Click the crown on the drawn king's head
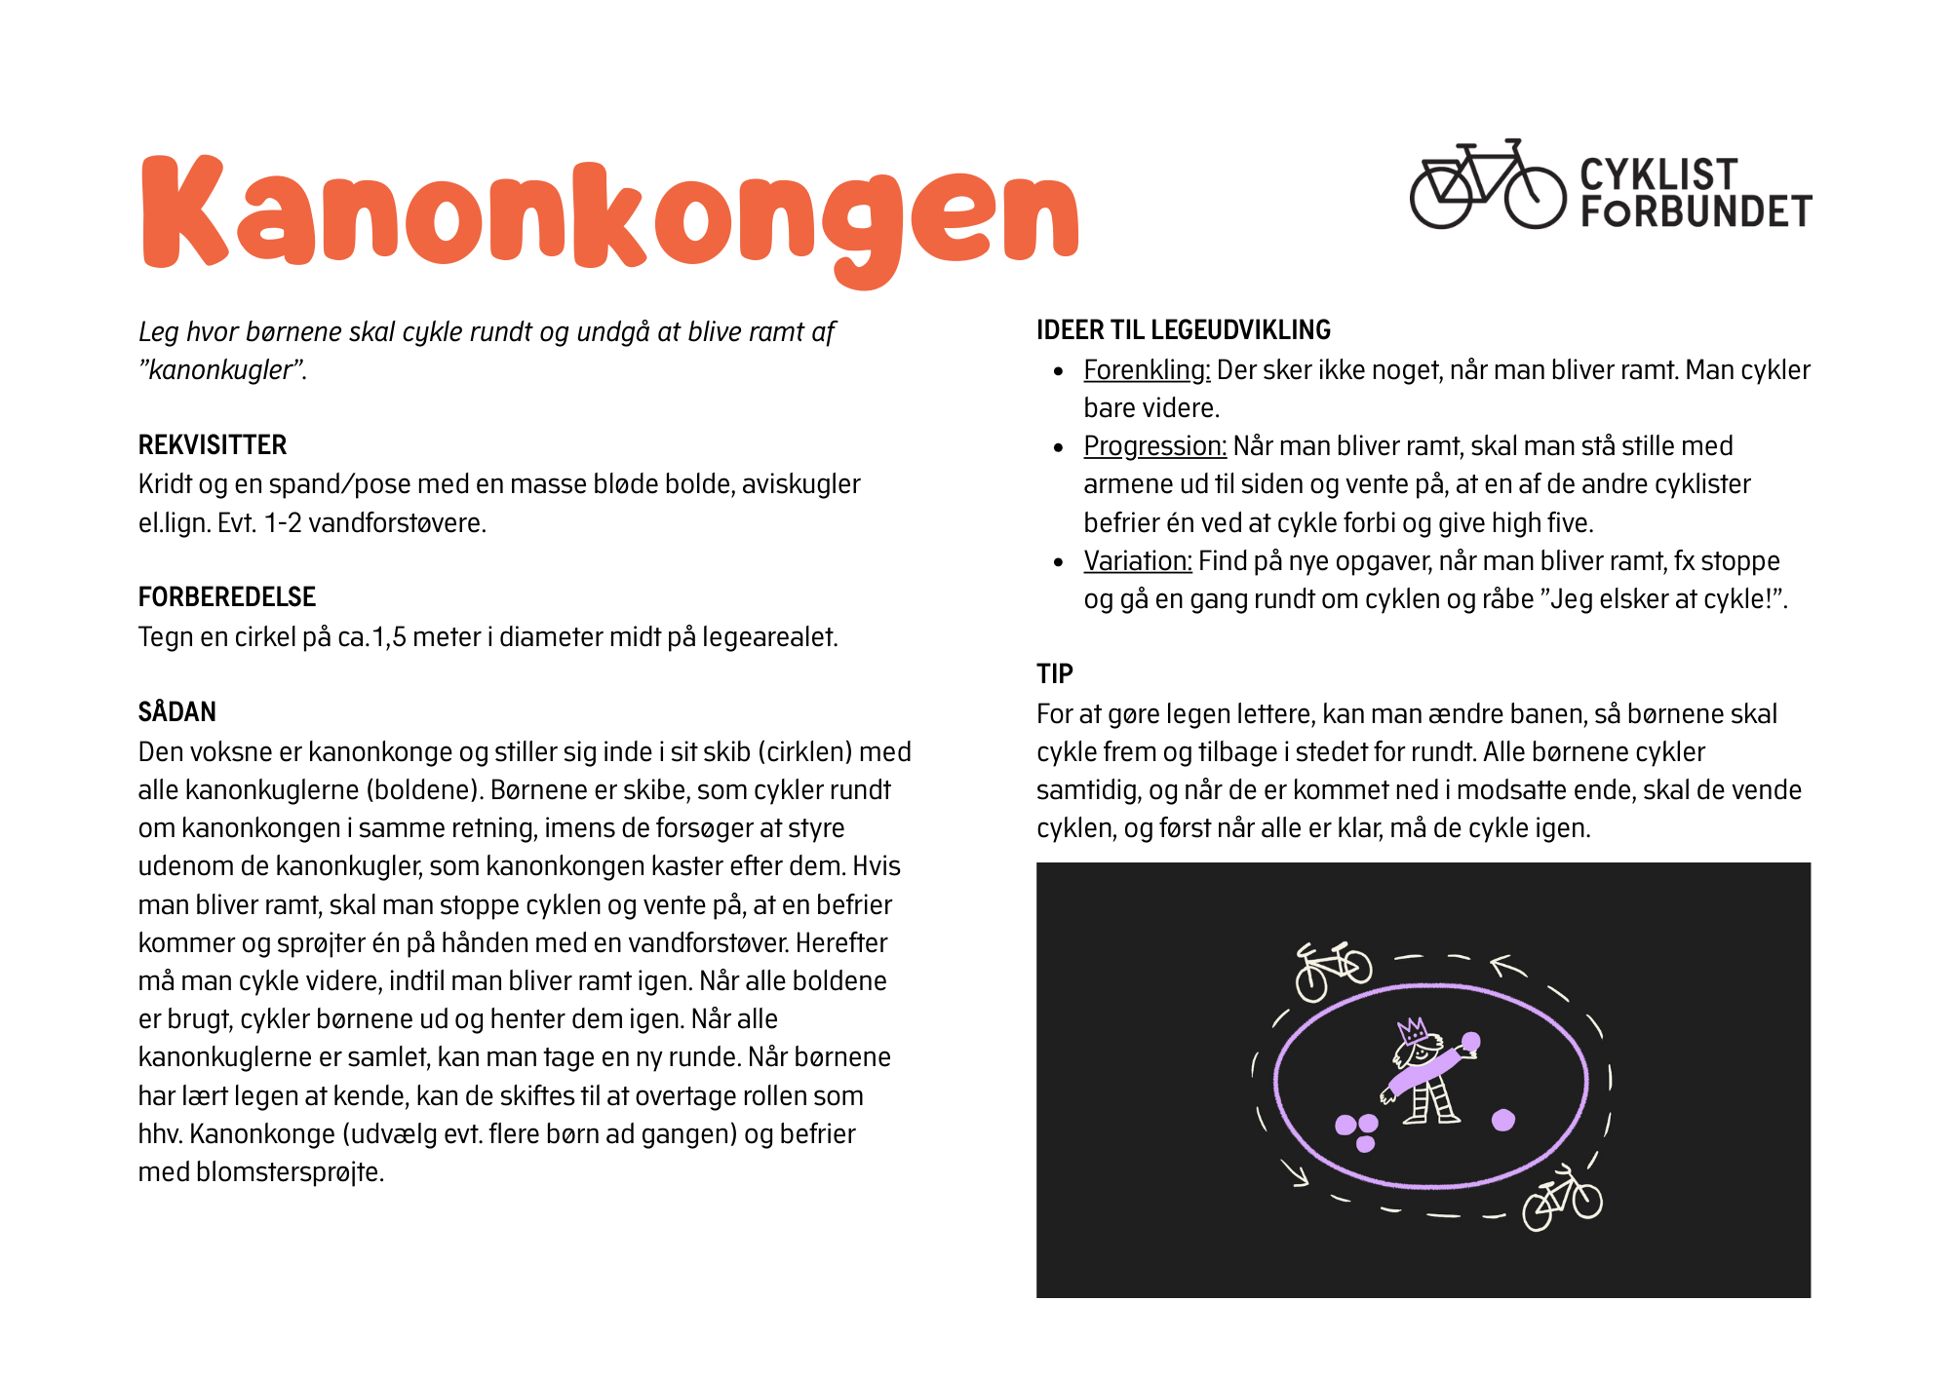point(1412,1030)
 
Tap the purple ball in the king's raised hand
point(1471,1042)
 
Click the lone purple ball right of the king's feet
point(1503,1120)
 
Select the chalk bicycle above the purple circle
point(1333,969)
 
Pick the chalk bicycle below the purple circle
point(1563,1198)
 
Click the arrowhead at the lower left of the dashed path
point(1298,1175)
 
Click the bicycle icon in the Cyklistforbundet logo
point(1488,185)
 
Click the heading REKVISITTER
point(213,445)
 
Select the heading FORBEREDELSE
point(227,597)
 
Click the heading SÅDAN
point(177,712)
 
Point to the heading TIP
point(1054,674)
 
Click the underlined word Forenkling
point(1147,370)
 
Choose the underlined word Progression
point(1154,446)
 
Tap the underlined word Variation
point(1138,561)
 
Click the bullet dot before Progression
point(1059,447)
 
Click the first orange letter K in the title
point(185,211)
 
